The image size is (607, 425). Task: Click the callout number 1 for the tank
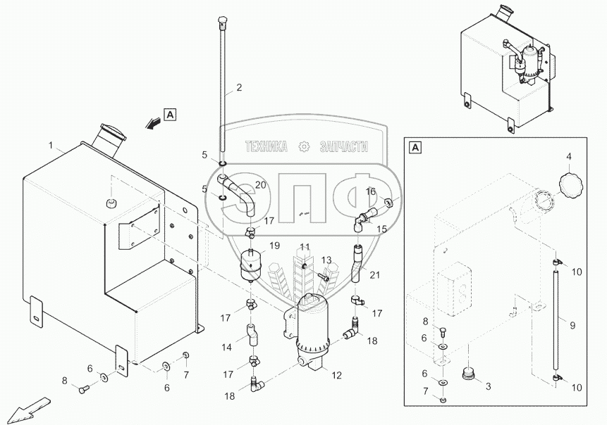tap(51, 145)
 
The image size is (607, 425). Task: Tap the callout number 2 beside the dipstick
tap(239, 88)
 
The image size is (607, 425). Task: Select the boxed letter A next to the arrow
tap(171, 115)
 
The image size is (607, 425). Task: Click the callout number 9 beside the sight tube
tap(572, 325)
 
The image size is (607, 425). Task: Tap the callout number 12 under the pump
tap(337, 375)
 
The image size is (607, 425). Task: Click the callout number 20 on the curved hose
tap(261, 185)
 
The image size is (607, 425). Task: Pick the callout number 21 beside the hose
tap(375, 275)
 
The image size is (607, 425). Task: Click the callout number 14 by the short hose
tap(227, 348)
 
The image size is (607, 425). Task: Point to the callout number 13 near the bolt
tap(326, 260)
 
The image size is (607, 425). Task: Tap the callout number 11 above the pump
tap(305, 246)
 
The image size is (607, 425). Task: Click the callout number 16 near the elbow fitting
tap(370, 191)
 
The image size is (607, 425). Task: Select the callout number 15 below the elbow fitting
tap(381, 229)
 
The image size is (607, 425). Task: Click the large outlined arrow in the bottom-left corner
tap(28, 410)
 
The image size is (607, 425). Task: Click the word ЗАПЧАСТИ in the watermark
tap(344, 147)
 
